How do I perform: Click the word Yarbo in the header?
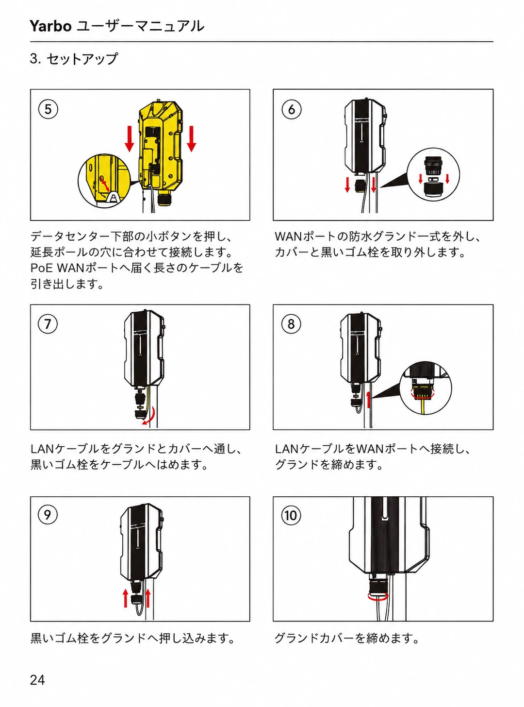[x=50, y=26]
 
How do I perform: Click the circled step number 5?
[x=48, y=109]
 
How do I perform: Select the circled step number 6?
[x=292, y=109]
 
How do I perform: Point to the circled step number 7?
[x=48, y=324]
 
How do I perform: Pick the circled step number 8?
[x=291, y=324]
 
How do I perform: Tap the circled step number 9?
[x=48, y=515]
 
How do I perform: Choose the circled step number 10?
[x=291, y=515]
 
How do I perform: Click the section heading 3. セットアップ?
[x=74, y=59]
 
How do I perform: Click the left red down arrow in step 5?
[x=130, y=139]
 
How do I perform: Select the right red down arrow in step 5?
[x=191, y=139]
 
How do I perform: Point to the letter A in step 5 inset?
[x=114, y=198]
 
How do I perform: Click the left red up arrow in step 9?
[x=126, y=598]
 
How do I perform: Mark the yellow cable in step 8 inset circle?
[x=423, y=407]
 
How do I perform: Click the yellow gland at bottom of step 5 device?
[x=165, y=200]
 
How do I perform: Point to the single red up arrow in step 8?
[x=369, y=400]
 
